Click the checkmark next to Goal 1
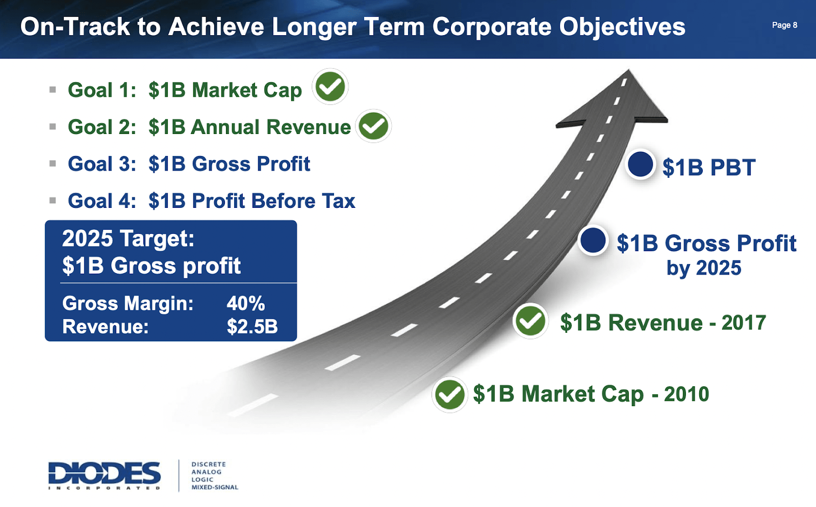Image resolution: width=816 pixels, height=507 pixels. tap(330, 87)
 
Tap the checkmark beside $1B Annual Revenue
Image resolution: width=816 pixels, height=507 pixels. tap(373, 126)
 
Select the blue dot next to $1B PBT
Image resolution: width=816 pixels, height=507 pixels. tap(640, 165)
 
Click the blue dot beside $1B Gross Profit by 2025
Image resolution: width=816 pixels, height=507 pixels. tap(593, 241)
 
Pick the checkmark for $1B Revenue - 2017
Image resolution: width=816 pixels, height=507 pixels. tap(530, 321)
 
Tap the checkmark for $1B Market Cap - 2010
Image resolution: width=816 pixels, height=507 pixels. tap(449, 395)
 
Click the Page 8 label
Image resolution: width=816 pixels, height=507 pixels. tap(784, 25)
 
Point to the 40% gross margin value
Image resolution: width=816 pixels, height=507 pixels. tap(245, 304)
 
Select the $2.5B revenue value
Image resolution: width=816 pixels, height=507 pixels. tap(252, 327)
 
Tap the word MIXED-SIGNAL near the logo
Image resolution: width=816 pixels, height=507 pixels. tap(215, 488)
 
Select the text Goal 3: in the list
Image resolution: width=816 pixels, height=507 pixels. tap(102, 164)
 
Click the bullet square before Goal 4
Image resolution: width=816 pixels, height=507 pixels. tap(53, 201)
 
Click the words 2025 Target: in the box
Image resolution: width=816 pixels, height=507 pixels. tap(128, 238)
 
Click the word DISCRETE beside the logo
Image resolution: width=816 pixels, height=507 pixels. tap(209, 464)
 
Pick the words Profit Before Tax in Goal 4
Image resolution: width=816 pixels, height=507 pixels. tap(273, 201)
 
